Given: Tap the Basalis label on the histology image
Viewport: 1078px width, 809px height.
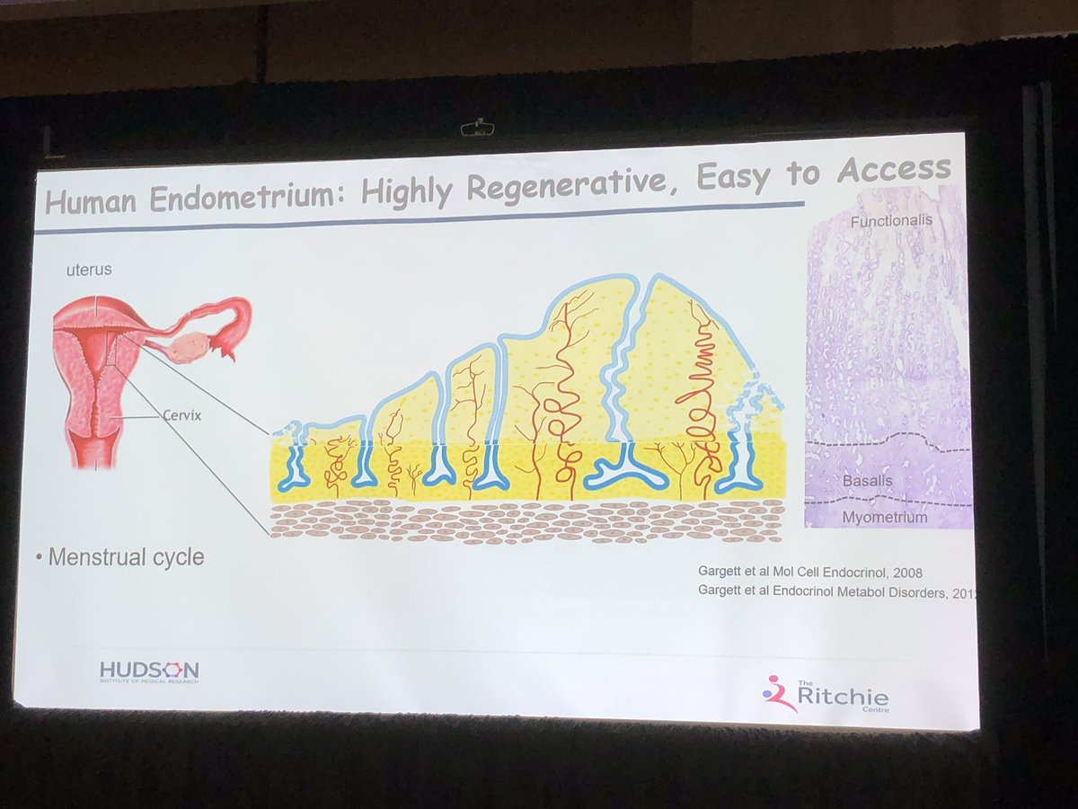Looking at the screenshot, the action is tap(866, 481).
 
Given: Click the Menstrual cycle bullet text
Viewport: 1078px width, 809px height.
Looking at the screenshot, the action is tap(126, 557).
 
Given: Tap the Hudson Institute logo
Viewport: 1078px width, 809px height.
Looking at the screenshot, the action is tap(150, 671).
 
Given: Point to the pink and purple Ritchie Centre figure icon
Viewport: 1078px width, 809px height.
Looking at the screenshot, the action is tap(777, 693).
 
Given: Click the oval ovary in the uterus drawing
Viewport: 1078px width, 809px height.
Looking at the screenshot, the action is tap(190, 346).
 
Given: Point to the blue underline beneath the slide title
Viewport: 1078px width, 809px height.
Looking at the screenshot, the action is tap(422, 217).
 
